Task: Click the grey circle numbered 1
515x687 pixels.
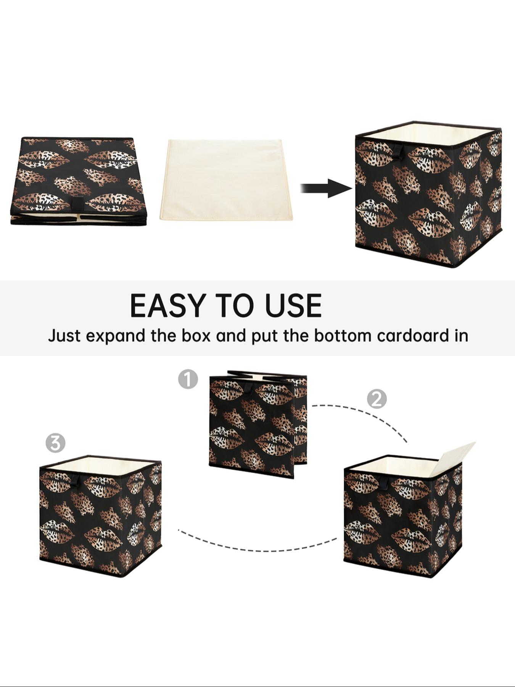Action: (188, 379)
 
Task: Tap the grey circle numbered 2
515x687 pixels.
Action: (377, 399)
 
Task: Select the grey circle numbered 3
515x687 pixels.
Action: (55, 443)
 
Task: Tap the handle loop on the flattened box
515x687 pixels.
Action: (78, 203)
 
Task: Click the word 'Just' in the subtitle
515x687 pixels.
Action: (64, 336)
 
